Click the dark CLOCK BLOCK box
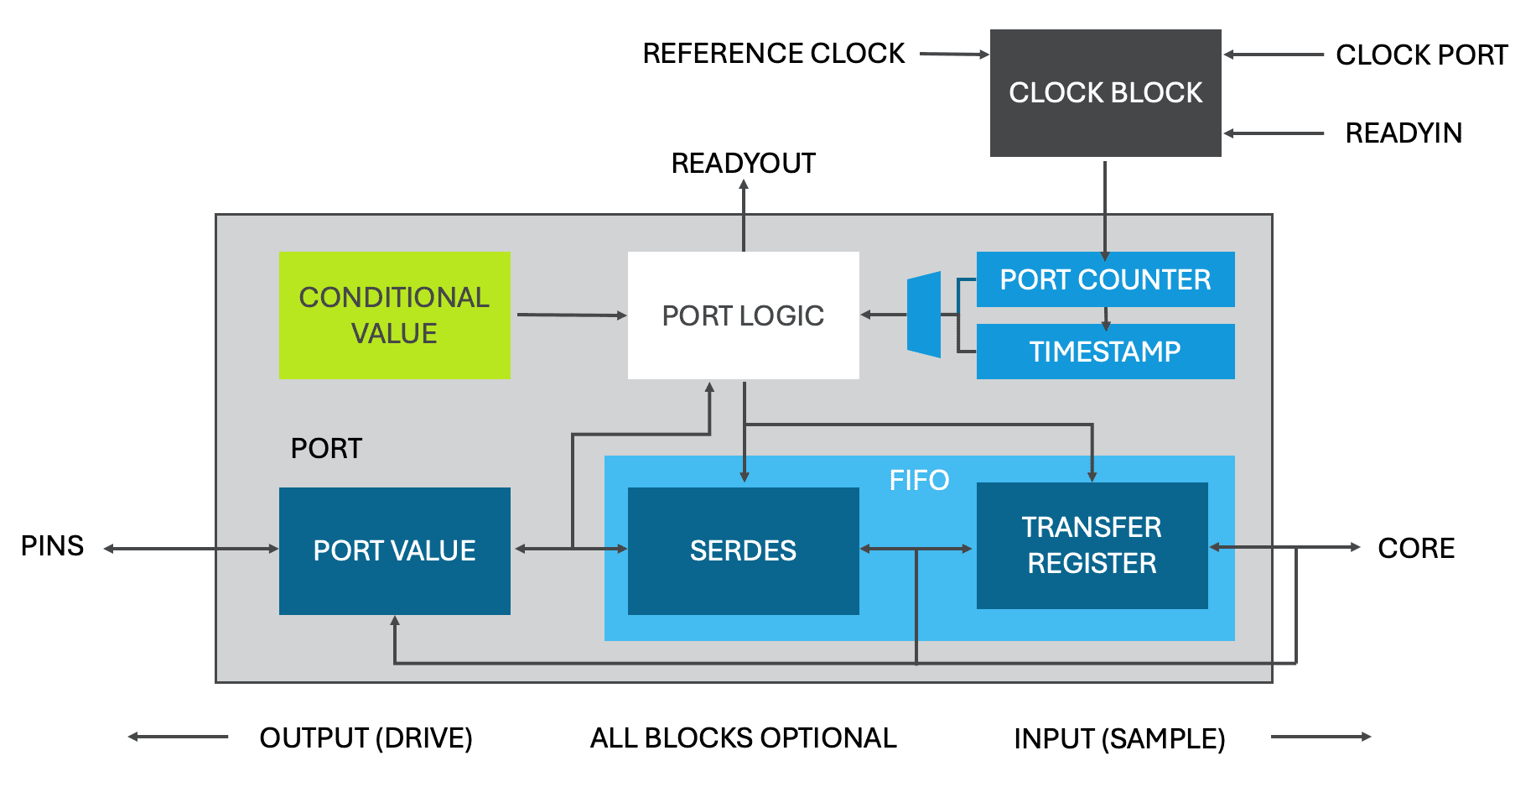click(1105, 92)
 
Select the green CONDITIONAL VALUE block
click(394, 315)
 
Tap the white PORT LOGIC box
click(743, 315)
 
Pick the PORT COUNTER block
click(1105, 279)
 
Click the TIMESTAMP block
click(1105, 352)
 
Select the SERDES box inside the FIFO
click(743, 550)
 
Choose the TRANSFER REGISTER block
click(1092, 545)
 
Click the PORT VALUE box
click(394, 550)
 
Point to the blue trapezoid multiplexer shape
click(924, 315)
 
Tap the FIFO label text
click(919, 480)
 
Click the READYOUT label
click(743, 163)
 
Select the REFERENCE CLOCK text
click(773, 54)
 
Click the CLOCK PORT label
click(1421, 55)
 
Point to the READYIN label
click(1404, 133)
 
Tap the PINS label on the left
click(52, 546)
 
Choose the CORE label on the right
click(1416, 548)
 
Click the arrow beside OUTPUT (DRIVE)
click(178, 737)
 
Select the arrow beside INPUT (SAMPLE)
click(1321, 737)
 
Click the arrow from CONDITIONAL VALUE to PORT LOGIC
click(570, 315)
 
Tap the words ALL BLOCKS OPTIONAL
click(743, 737)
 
